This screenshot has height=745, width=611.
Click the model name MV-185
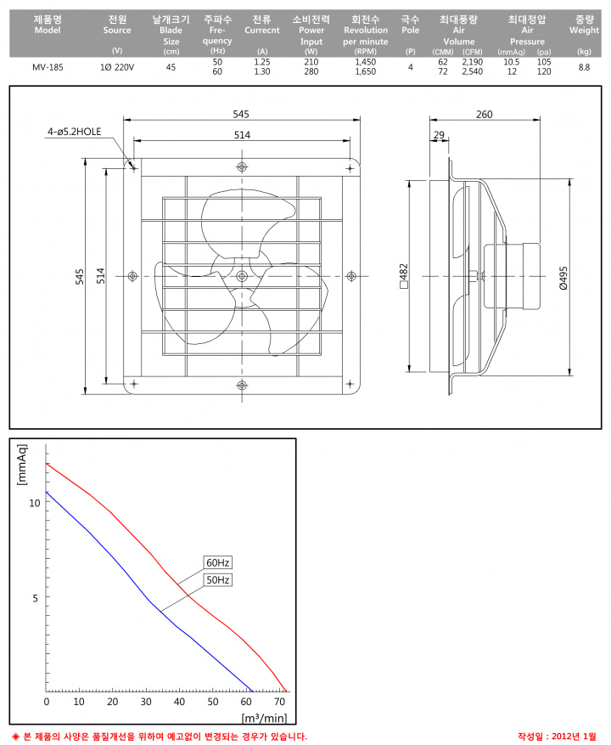coord(48,67)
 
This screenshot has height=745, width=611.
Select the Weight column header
coord(584,25)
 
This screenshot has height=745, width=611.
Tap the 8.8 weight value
coord(584,67)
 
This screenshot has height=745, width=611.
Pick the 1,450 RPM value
coord(365,62)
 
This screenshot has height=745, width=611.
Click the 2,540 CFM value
coord(473,71)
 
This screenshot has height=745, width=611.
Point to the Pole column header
coord(410,25)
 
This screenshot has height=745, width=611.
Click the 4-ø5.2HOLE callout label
coord(74,132)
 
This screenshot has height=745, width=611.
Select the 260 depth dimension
coord(485,114)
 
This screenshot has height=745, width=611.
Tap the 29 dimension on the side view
coord(439,135)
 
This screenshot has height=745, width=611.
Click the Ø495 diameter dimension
coord(563,278)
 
